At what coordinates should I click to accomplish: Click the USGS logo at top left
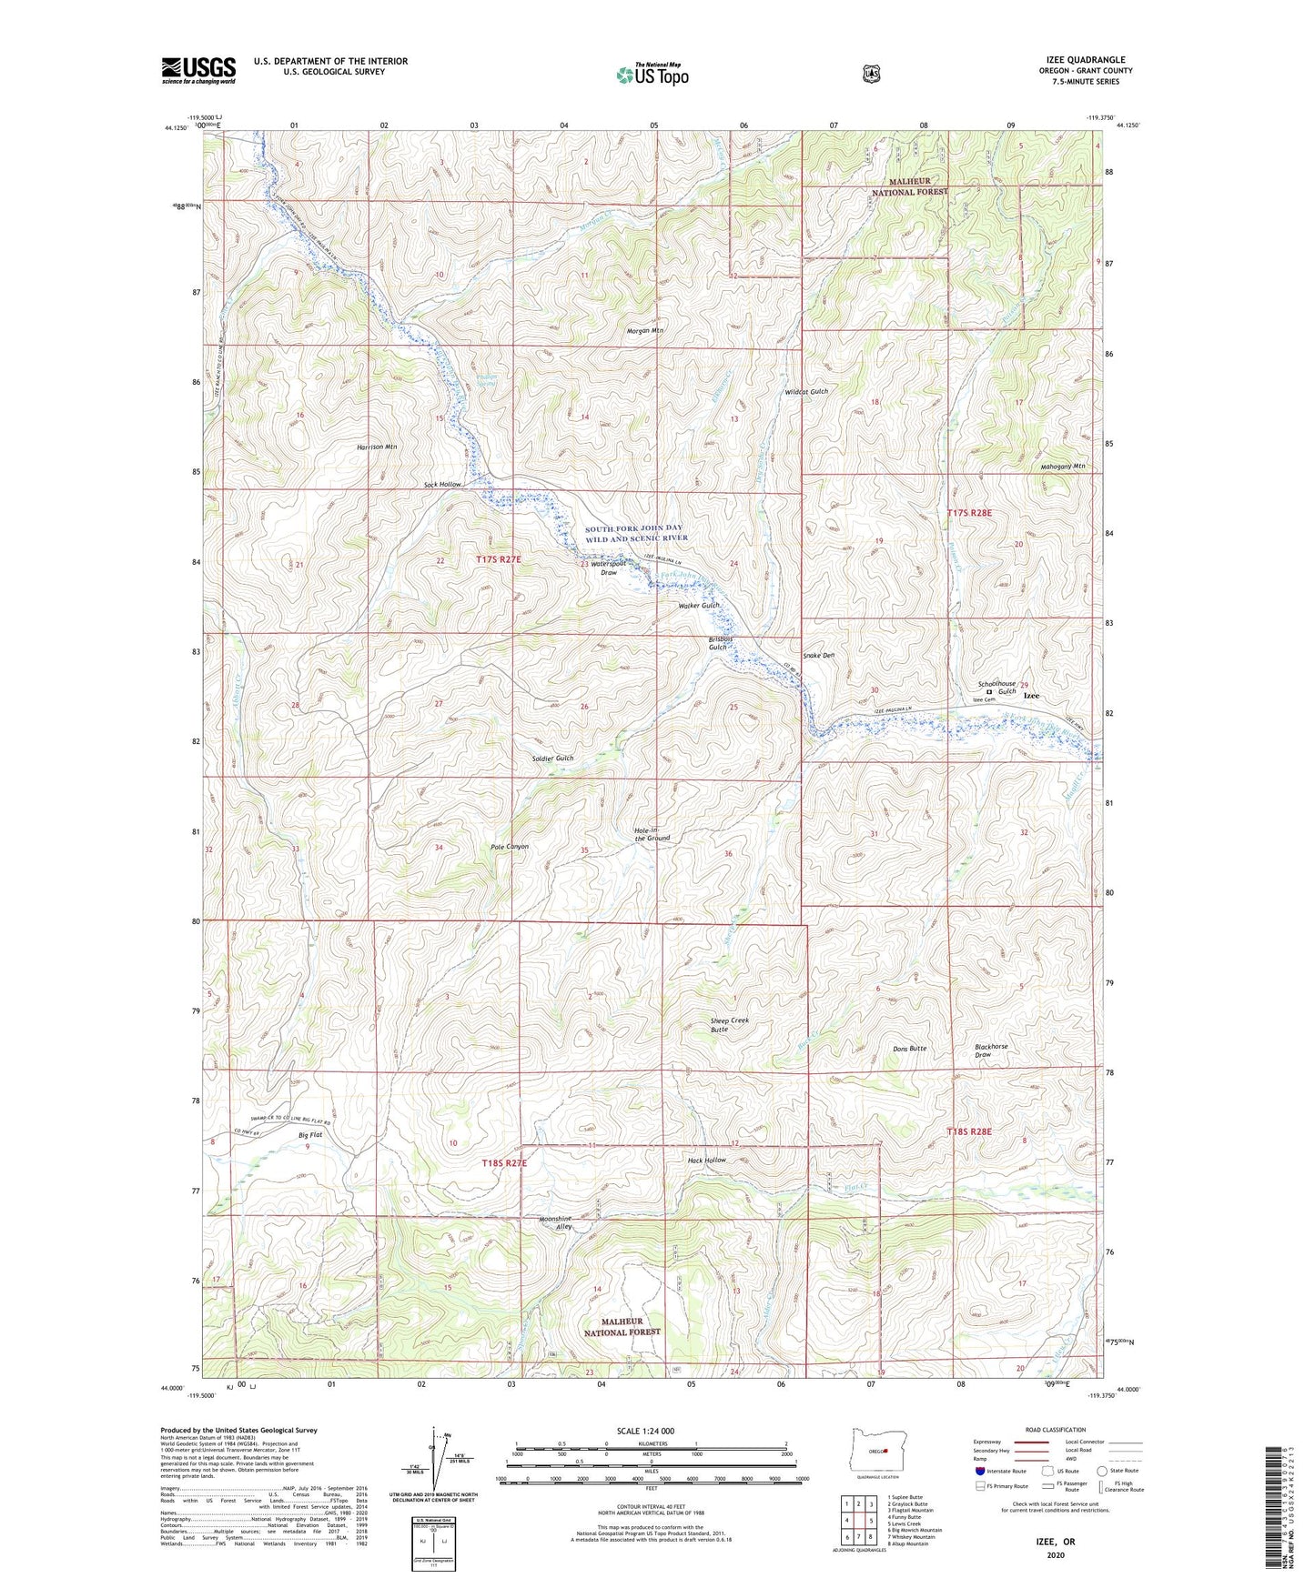[198, 70]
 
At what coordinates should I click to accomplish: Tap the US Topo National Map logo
[650, 74]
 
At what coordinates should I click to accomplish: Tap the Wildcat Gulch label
[806, 391]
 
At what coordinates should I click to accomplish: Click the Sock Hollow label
[442, 485]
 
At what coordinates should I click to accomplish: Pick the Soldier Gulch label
[552, 758]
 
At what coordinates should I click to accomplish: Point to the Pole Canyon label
[509, 846]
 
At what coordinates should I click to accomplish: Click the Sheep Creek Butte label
[729, 1025]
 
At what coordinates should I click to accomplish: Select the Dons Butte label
[907, 1049]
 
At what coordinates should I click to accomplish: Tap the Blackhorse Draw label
[991, 1050]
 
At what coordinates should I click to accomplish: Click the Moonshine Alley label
[554, 1223]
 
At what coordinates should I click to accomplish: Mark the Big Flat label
[310, 1136]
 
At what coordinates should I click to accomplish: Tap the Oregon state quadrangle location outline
[873, 1457]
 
